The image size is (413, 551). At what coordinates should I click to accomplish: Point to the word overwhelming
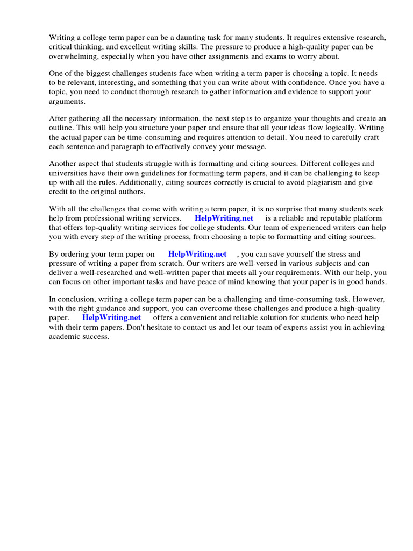[72, 56]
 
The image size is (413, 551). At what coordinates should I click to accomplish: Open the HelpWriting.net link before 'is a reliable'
[224, 218]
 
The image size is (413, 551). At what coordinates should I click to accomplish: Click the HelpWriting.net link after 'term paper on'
[197, 254]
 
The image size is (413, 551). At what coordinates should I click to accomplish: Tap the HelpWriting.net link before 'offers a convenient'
[111, 318]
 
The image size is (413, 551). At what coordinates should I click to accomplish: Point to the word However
[371, 299]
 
